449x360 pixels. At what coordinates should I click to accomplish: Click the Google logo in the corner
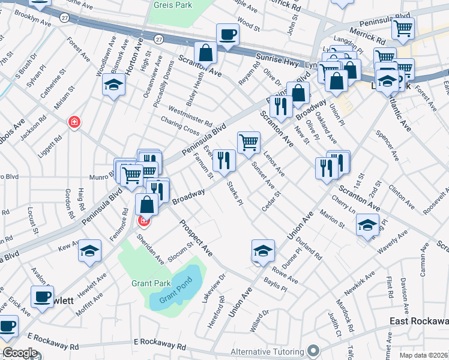coord(20,353)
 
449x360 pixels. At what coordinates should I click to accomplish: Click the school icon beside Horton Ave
coord(113,86)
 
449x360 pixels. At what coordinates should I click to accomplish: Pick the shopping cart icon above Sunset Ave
coord(249,142)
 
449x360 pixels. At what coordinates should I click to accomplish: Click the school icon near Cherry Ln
coord(367,225)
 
